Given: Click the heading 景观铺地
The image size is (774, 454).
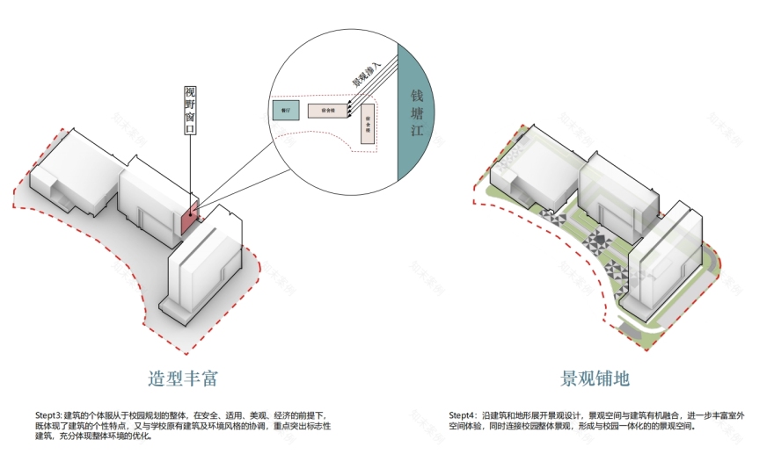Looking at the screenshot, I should [595, 378].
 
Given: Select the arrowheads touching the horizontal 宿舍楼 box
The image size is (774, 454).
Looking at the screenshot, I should [348, 109].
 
